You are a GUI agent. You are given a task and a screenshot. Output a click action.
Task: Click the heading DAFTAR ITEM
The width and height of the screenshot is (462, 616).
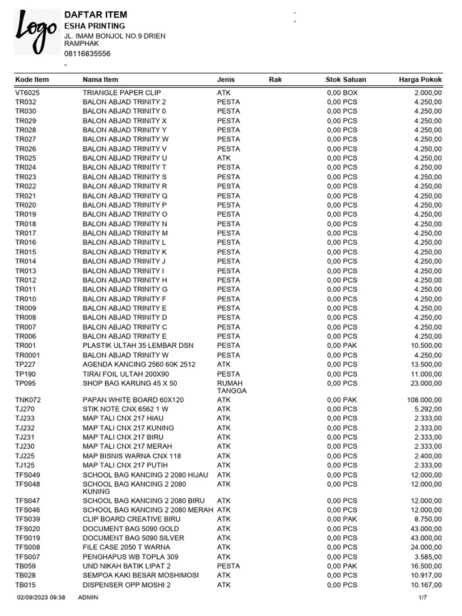pyautogui.click(x=95, y=14)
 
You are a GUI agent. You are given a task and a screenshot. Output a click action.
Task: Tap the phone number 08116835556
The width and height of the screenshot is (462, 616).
pyautogui.click(x=87, y=54)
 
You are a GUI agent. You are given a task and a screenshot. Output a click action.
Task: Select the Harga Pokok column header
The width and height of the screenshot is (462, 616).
pyautogui.click(x=420, y=79)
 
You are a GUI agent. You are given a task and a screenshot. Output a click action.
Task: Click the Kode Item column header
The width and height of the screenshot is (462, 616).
pyautogui.click(x=32, y=79)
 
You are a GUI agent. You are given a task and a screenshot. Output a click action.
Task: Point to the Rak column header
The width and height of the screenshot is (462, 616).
pyautogui.click(x=275, y=79)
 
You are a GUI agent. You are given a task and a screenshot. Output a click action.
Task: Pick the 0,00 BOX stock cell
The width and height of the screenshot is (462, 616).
pyautogui.click(x=342, y=93)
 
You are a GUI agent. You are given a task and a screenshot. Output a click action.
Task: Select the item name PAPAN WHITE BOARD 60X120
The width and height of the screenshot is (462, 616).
pyautogui.click(x=133, y=399)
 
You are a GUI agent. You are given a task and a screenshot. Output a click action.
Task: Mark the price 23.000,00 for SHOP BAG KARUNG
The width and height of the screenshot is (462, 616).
pyautogui.click(x=426, y=383)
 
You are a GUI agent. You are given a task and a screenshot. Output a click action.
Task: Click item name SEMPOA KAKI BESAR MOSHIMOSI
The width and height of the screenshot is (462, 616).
pyautogui.click(x=141, y=575)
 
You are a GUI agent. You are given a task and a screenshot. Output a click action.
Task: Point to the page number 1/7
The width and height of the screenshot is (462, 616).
pyautogui.click(x=423, y=597)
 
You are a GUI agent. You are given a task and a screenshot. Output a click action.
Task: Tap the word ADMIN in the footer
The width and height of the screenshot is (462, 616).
pyautogui.click(x=88, y=597)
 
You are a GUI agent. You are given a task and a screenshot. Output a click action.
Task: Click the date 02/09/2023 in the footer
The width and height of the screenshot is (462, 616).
pyautogui.click(x=32, y=597)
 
